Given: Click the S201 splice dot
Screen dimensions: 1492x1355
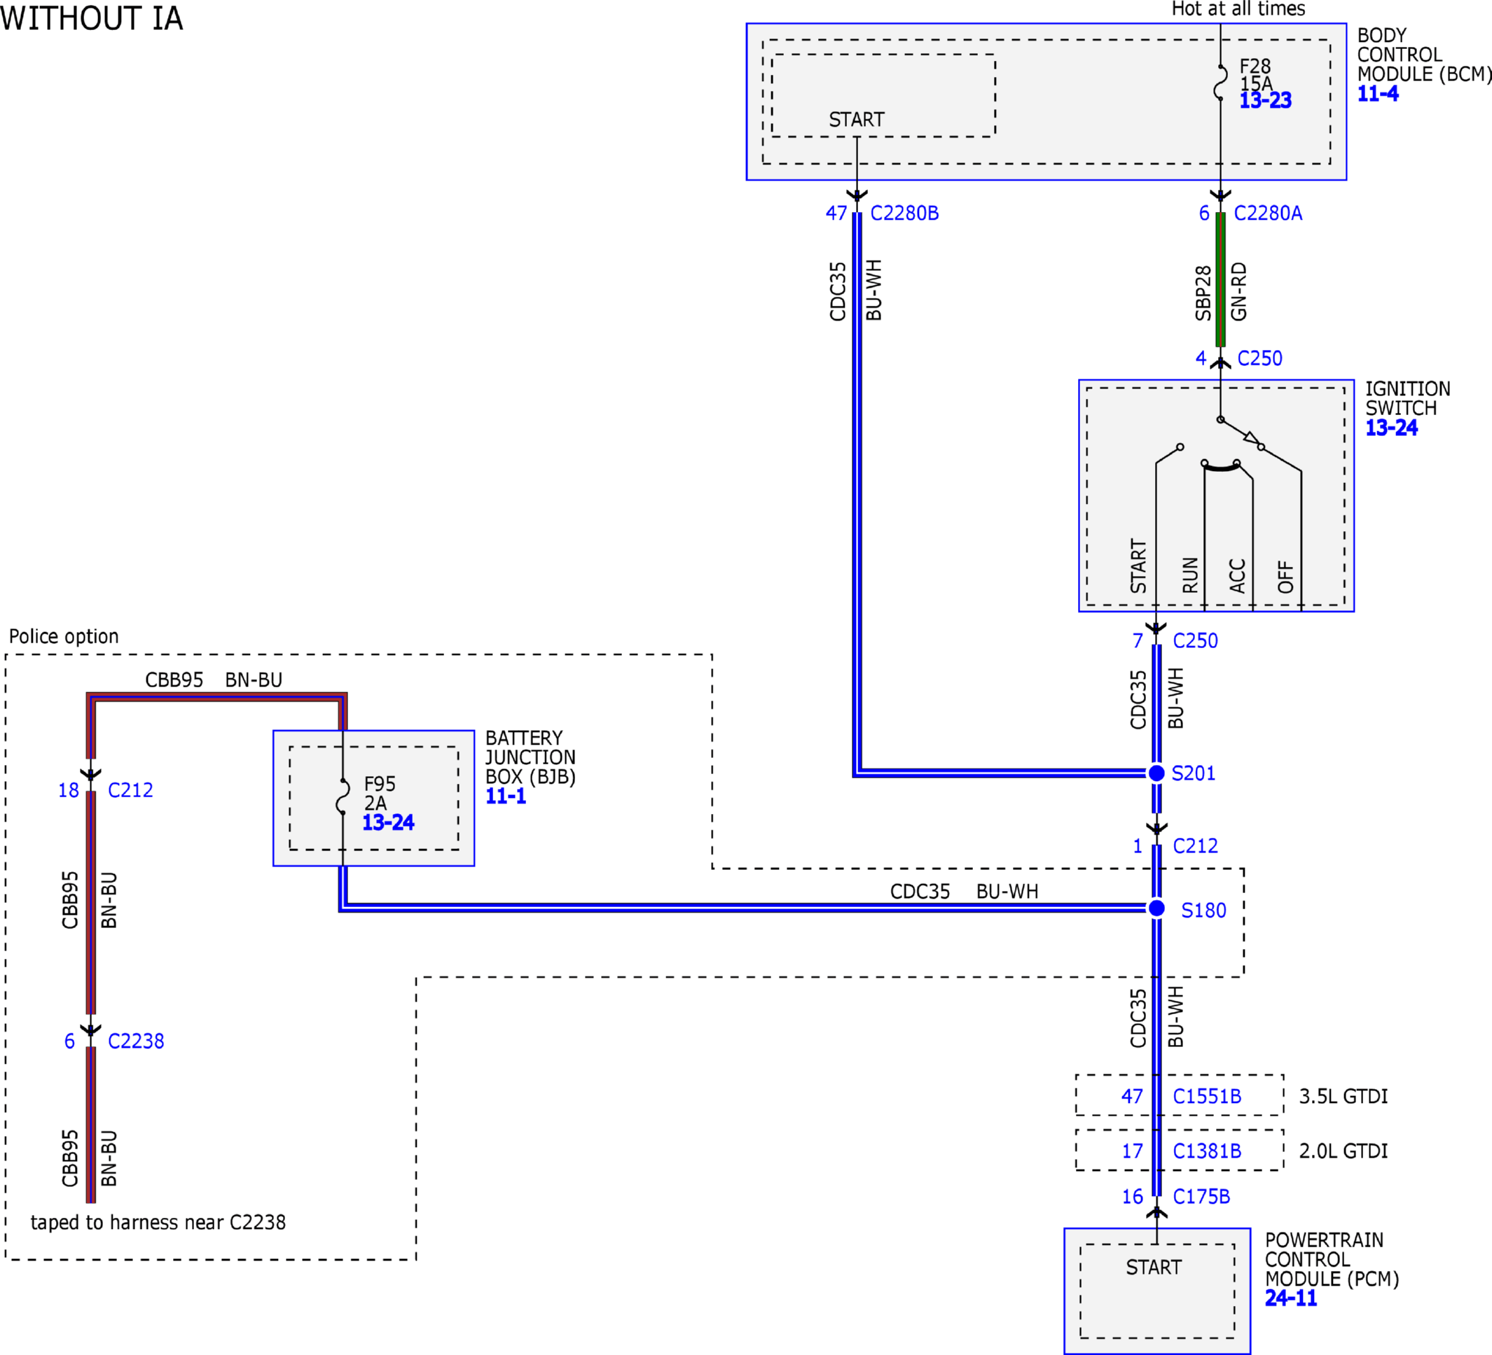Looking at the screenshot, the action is [1156, 773].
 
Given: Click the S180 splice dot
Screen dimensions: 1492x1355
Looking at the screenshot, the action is [1156, 908].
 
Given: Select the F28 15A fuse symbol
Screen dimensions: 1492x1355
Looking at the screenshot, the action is [1220, 82].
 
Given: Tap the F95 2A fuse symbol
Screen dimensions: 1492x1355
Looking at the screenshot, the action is [343, 796].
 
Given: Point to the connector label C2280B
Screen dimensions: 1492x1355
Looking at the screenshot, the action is [904, 213].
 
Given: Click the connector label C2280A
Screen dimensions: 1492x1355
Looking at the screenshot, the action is [1268, 213].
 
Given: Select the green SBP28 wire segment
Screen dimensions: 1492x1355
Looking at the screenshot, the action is [1220, 279].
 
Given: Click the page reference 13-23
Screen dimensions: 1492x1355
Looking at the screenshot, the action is [1266, 101].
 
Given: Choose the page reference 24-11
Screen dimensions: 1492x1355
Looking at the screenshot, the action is [1291, 1298].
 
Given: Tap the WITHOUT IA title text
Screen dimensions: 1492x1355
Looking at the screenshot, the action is [91, 18].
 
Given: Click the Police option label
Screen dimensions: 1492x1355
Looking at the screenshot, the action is [64, 636].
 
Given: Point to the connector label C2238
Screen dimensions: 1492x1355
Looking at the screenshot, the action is [136, 1041].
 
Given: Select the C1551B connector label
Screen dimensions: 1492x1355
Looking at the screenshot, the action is [1207, 1096].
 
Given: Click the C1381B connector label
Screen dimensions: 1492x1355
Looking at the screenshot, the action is [1207, 1151].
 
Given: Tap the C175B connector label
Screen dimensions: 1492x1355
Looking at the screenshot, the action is [1201, 1196].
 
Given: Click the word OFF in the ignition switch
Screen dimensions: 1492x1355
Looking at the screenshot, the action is [1285, 577].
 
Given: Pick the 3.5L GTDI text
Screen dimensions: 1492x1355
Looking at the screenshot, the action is [1344, 1096].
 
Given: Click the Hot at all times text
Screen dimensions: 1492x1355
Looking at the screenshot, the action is [1238, 9].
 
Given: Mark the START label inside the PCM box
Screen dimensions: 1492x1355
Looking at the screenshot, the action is [1154, 1268].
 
